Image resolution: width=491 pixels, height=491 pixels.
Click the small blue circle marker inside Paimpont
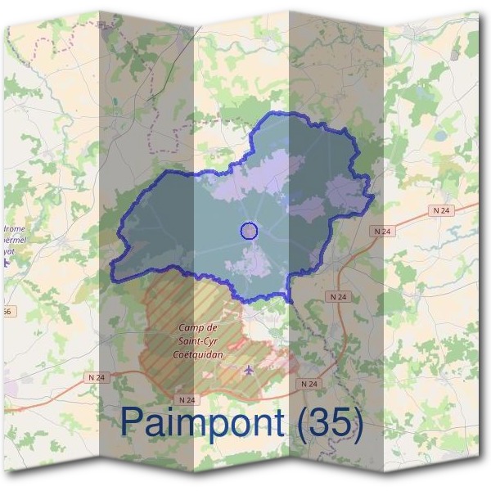(250, 232)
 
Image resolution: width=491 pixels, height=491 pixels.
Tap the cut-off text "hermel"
(16, 242)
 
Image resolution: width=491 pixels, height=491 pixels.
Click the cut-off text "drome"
(16, 230)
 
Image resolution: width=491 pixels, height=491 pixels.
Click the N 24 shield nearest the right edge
(441, 210)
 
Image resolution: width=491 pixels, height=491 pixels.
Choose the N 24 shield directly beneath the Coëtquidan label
(187, 399)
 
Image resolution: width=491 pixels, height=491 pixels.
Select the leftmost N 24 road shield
(97, 377)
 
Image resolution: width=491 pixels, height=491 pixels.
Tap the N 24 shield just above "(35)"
(309, 384)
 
